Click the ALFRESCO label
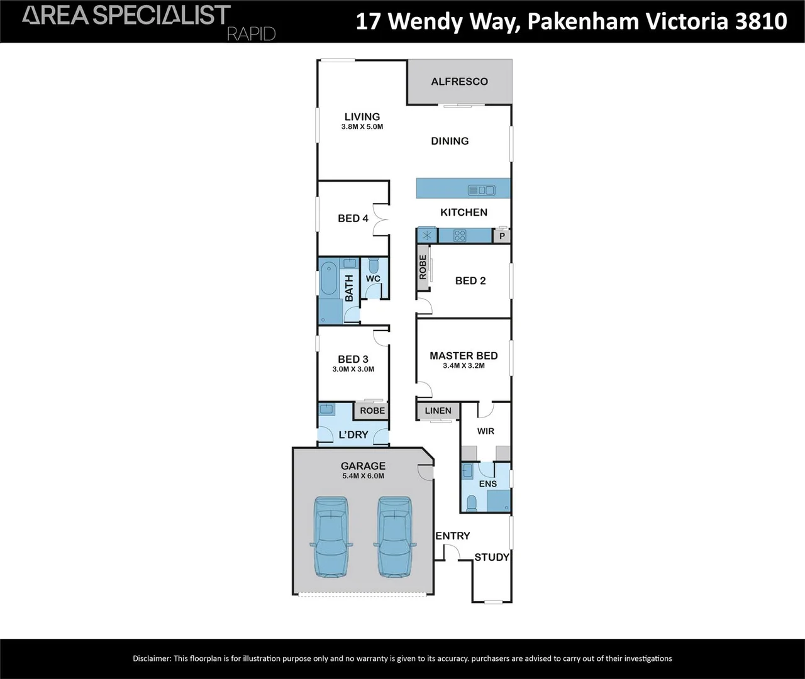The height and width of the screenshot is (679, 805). pyautogui.click(x=459, y=82)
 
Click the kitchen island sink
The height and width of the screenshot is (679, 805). pyautogui.click(x=482, y=190)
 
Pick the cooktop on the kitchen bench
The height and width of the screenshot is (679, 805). pyautogui.click(x=460, y=236)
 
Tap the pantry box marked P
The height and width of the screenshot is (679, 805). pyautogui.click(x=502, y=236)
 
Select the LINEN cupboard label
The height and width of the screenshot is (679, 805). pyautogui.click(x=438, y=411)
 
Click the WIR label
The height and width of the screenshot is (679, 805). pyautogui.click(x=486, y=431)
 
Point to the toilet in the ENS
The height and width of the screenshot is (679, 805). pyautogui.click(x=472, y=502)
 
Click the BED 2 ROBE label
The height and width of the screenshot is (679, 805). pyautogui.click(x=423, y=267)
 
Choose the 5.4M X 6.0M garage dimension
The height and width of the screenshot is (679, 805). pyautogui.click(x=363, y=476)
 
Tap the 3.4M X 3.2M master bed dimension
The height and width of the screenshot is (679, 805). pyautogui.click(x=464, y=365)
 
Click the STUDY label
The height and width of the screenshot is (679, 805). pyautogui.click(x=492, y=557)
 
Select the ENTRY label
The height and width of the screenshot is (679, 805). pyautogui.click(x=453, y=536)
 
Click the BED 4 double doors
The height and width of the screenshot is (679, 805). pyautogui.click(x=381, y=219)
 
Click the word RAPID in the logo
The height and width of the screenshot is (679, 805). pyautogui.click(x=251, y=34)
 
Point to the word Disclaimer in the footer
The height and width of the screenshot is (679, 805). pyautogui.click(x=152, y=658)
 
